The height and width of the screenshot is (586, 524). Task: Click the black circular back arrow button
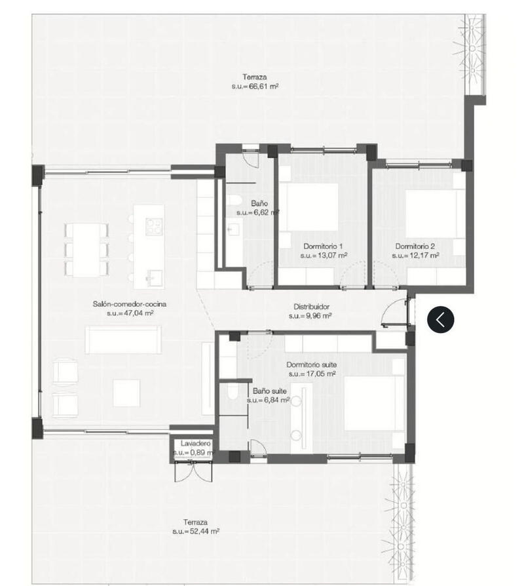[441, 319]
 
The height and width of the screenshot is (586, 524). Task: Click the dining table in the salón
[86, 248]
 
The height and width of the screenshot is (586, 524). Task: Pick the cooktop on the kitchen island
[154, 225]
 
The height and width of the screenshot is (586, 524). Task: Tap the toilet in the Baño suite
[232, 393]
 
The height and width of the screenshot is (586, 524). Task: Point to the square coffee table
[126, 393]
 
